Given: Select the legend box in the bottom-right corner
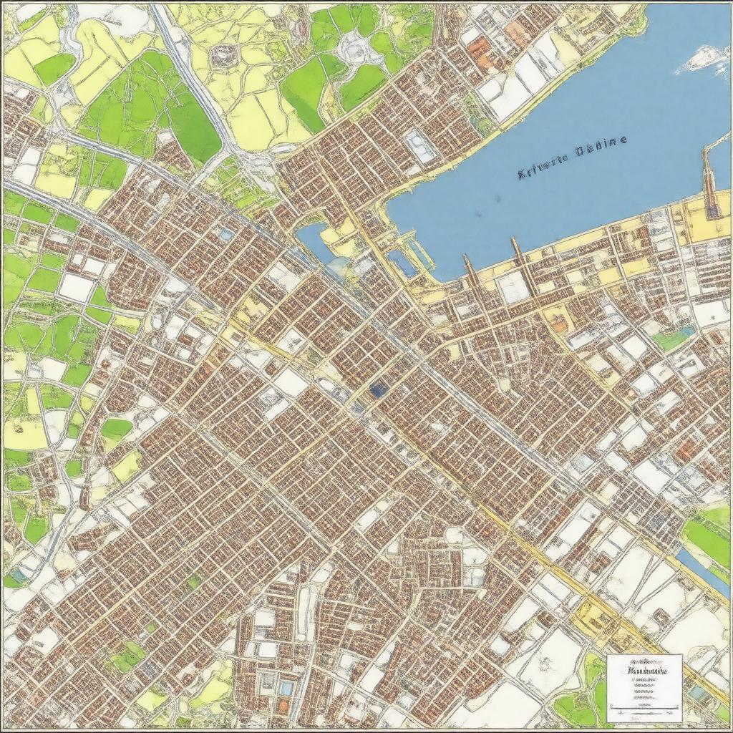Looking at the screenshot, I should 644,687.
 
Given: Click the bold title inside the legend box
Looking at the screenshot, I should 645,671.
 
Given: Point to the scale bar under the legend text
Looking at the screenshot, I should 644,713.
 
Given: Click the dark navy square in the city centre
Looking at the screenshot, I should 379,389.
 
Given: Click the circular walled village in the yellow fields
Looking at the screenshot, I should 223,54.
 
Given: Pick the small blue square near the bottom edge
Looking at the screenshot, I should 286,688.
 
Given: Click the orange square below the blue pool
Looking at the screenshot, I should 283,706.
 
